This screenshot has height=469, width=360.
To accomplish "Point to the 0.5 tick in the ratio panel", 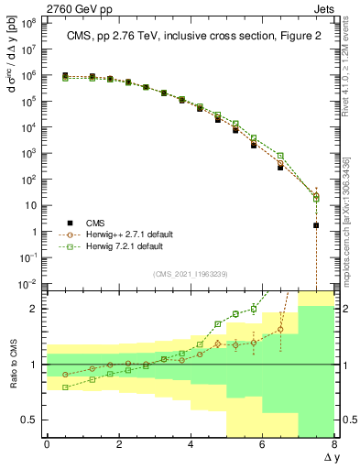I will (x=28, y=420).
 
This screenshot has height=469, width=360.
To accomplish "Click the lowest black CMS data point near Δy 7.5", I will (x=316, y=224).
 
